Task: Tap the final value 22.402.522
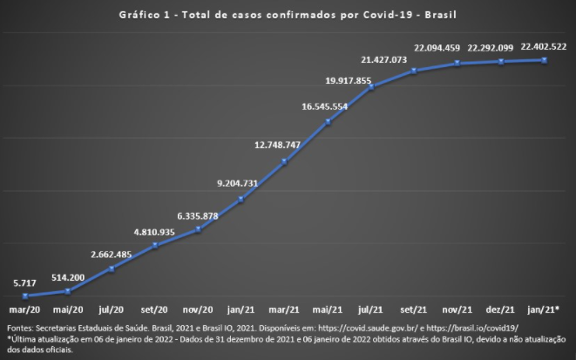coord(544,46)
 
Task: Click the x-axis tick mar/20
coord(24,309)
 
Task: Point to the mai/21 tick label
coord(328,309)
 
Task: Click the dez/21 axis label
coord(501,309)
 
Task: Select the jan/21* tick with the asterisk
coord(546,309)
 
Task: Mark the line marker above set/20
coord(154,245)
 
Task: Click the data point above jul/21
coord(371,86)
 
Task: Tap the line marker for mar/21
coord(284,162)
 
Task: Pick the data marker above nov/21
coord(457,63)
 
